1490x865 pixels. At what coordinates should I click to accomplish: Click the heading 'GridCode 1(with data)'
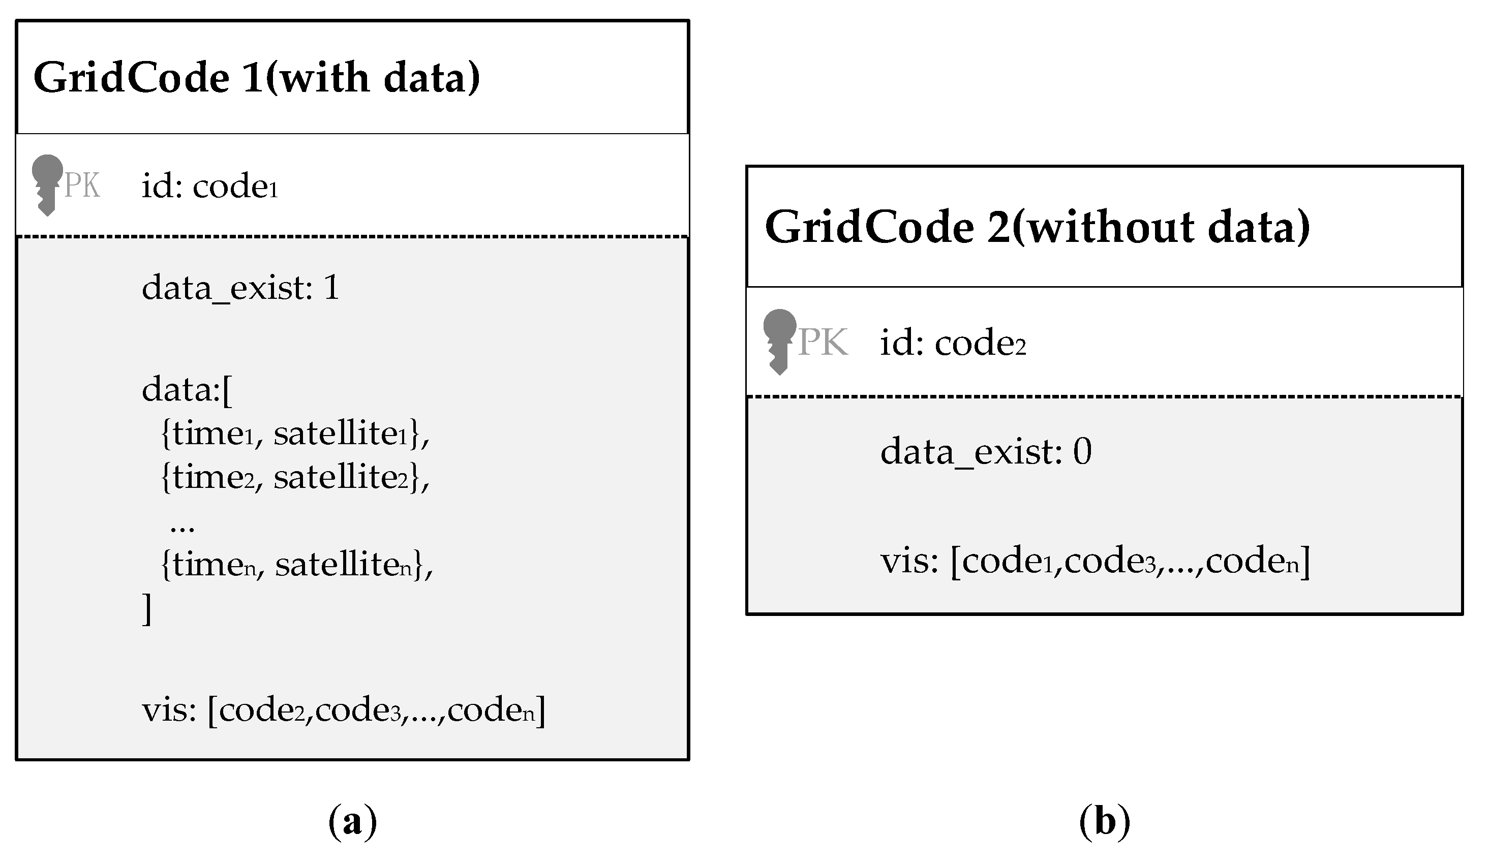pos(257,77)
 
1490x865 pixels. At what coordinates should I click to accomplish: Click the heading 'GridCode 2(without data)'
pos(1037,227)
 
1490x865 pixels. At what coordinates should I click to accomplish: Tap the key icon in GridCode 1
pos(47,185)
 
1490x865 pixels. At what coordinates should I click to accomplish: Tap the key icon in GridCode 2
pos(779,342)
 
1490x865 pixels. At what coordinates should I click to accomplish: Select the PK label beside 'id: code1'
pos(82,186)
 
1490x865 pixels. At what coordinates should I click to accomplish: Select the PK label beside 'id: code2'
pos(823,343)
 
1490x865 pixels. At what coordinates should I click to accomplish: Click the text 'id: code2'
pos(953,343)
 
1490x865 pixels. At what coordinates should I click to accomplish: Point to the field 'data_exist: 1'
pos(240,288)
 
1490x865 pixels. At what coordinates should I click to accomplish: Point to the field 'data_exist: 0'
pos(986,452)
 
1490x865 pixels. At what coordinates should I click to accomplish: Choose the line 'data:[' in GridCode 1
pos(187,390)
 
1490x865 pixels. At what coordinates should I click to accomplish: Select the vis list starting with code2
pos(343,709)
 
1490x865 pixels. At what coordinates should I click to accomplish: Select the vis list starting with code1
pos(1095,561)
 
